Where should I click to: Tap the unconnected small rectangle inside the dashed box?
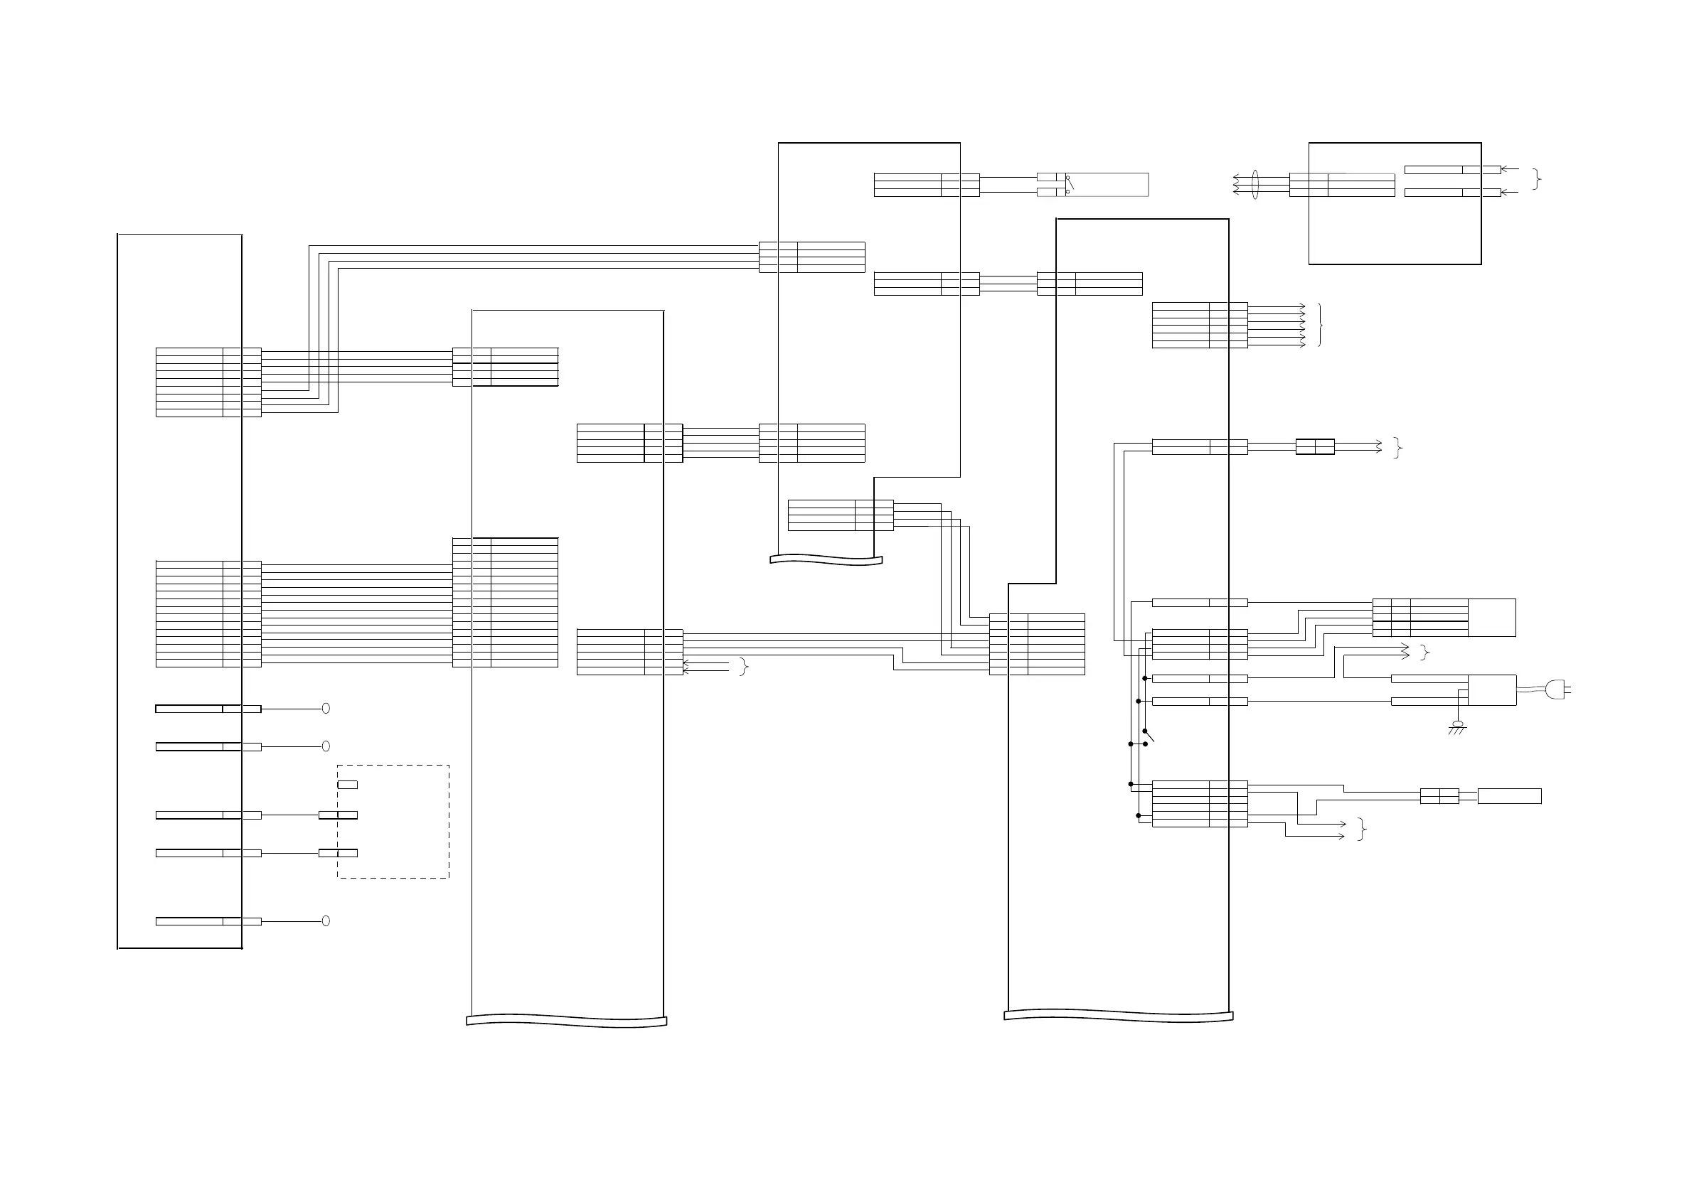pyautogui.click(x=348, y=785)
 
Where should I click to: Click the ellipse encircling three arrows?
pyautogui.click(x=1254, y=184)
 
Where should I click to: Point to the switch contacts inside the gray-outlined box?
pyautogui.click(x=1068, y=184)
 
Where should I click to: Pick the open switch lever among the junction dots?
pyautogui.click(x=1148, y=734)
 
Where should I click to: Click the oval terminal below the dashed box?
pyautogui.click(x=326, y=921)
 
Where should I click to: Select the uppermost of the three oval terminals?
pyautogui.click(x=326, y=709)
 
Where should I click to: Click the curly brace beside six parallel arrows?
pyautogui.click(x=1320, y=325)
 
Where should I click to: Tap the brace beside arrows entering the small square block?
pyautogui.click(x=1536, y=179)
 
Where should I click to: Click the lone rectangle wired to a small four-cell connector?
pyautogui.click(x=1509, y=797)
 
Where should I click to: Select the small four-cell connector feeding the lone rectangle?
pyautogui.click(x=1439, y=797)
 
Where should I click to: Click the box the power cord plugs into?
pyautogui.click(x=1492, y=690)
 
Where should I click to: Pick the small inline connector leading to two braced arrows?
pyautogui.click(x=1315, y=447)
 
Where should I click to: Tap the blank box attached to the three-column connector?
pyautogui.click(x=1492, y=617)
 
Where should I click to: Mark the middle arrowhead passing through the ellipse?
pyautogui.click(x=1237, y=184)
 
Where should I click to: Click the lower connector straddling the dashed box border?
pyautogui.click(x=338, y=853)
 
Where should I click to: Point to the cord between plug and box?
pyautogui.click(x=1531, y=690)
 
